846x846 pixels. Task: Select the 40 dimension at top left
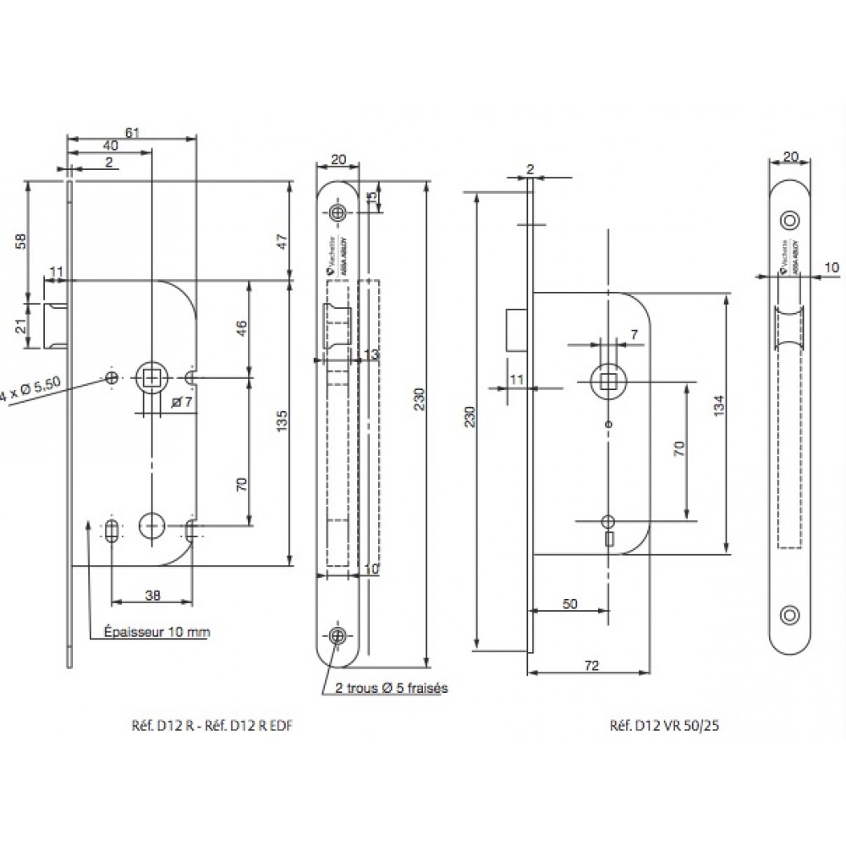point(110,146)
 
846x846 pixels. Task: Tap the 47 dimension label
point(284,239)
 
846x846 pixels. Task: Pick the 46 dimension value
point(241,327)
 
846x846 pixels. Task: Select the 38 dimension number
point(152,595)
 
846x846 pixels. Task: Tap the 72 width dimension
point(591,667)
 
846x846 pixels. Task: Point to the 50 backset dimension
point(569,603)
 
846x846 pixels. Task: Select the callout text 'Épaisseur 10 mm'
point(157,632)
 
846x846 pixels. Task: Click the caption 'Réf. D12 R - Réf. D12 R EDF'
point(212,725)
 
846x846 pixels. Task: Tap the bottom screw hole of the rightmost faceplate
point(790,615)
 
